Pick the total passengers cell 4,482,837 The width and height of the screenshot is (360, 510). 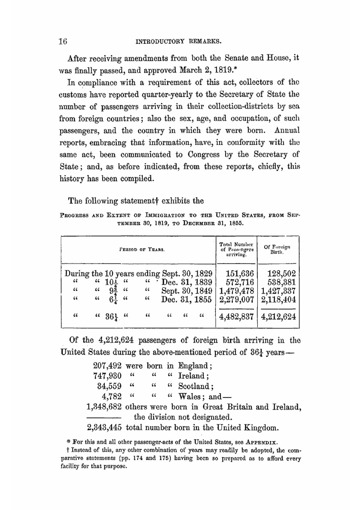[237, 317]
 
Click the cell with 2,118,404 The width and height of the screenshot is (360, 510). [278, 300]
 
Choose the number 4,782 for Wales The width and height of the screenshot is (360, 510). [112, 397]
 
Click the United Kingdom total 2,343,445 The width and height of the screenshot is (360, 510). [104, 428]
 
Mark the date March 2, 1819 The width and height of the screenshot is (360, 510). [203, 70]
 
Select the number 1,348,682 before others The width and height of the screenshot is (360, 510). [104, 407]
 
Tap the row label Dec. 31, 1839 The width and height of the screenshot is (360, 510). [186, 282]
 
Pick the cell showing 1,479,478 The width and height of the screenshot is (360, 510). [237, 291]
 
